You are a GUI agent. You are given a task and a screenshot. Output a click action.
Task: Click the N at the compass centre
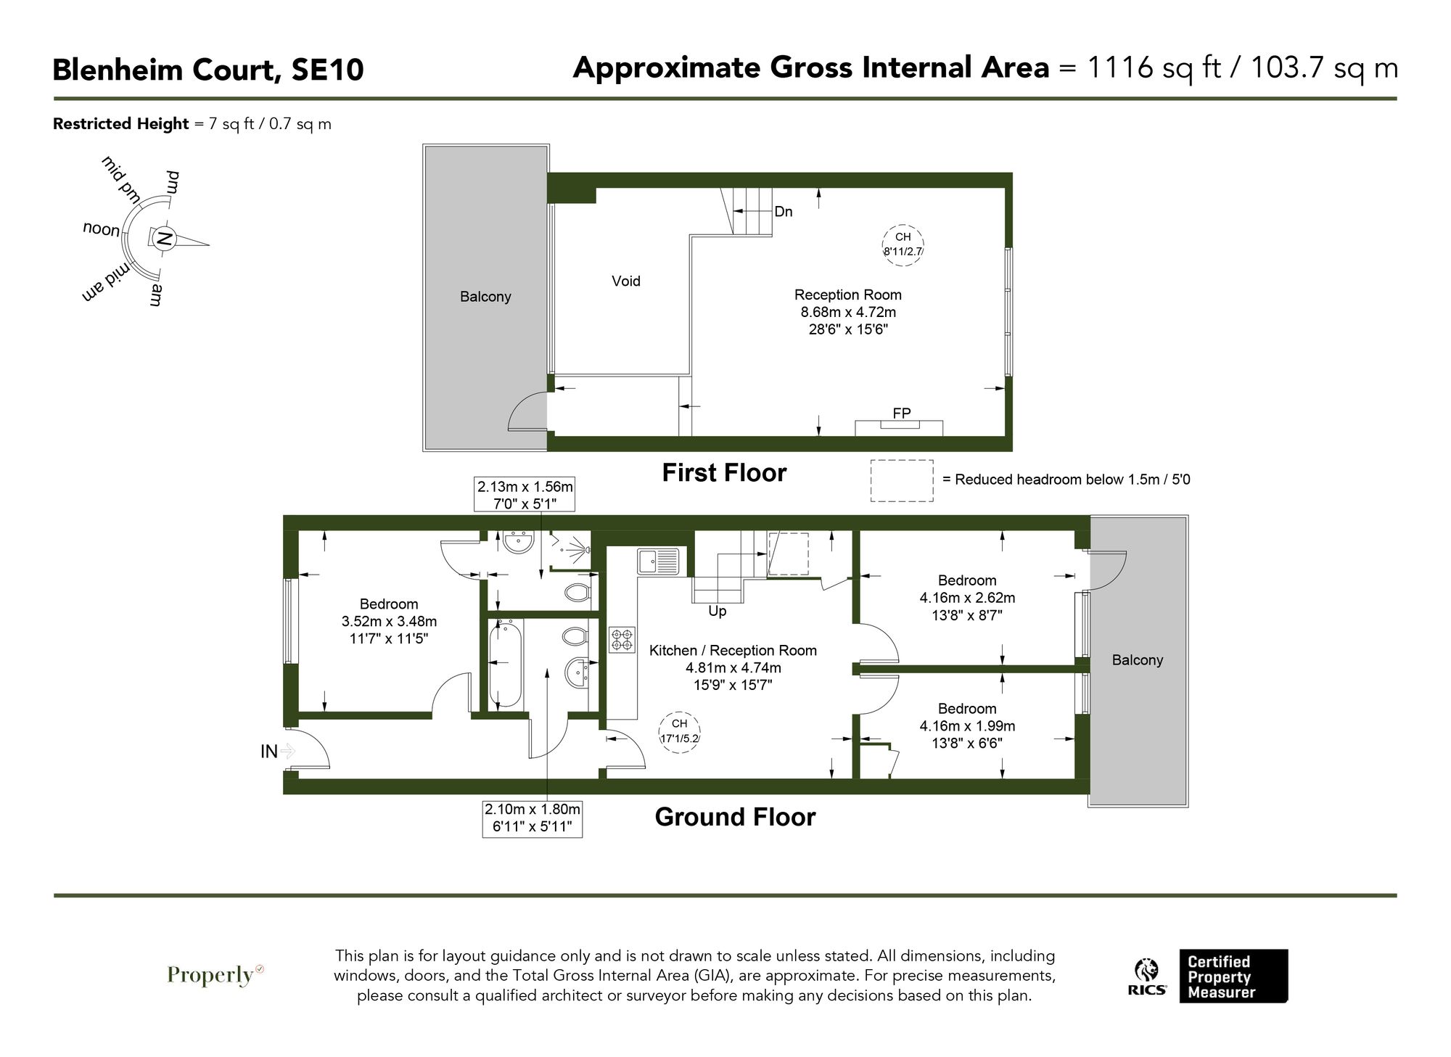pos(164,239)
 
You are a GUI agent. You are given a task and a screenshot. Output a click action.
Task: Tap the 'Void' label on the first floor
pos(625,281)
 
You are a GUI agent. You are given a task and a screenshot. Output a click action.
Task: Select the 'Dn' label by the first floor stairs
pos(783,212)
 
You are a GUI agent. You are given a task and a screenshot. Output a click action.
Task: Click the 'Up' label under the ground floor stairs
pos(717,612)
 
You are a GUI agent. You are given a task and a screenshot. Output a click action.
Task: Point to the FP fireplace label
pos(901,414)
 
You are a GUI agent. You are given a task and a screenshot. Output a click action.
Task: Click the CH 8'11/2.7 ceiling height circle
pos(902,245)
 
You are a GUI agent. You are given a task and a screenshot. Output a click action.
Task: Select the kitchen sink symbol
pos(658,562)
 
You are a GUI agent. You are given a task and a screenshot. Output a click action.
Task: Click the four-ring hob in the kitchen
pos(622,640)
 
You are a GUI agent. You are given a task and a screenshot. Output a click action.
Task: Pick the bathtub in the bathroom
pos(505,662)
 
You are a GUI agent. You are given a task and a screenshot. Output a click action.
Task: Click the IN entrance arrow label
pos(276,752)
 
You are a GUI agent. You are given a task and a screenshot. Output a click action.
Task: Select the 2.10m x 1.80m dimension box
pos(532,818)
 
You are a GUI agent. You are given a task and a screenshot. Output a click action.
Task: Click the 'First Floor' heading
pos(723,473)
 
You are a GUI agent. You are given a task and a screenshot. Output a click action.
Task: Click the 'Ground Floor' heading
pos(734,817)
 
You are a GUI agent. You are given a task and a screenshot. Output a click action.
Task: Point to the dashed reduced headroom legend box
pos(901,480)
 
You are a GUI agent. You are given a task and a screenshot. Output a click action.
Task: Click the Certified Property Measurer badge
pos(1233,976)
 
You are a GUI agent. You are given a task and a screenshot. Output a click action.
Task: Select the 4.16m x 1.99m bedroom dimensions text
pos(966,726)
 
